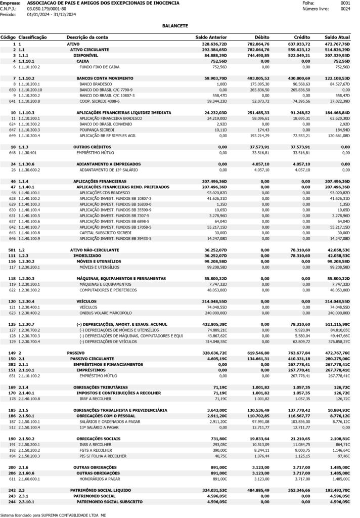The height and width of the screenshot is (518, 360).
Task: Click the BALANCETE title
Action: pyautogui.click(x=175, y=25)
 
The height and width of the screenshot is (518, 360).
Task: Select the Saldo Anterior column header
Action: pyautogui.click(x=211, y=37)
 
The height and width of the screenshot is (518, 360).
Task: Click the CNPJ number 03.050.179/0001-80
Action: pyautogui.click(x=47, y=9)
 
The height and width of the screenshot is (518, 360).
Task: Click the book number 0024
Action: pyautogui.click(x=345, y=9)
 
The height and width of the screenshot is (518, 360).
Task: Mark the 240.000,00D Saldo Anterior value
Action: pyautogui.click(x=213, y=313)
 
